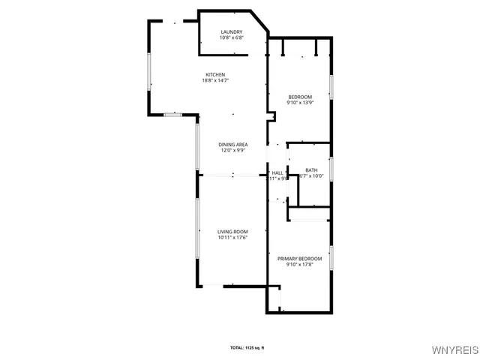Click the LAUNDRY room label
(x=231, y=31)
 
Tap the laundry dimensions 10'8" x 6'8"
(x=231, y=37)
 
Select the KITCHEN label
(x=216, y=74)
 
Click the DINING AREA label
(x=233, y=144)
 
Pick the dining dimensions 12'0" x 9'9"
(x=233, y=150)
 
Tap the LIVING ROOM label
(x=232, y=232)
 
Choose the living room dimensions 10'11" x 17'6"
(x=232, y=238)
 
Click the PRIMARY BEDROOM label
(x=299, y=259)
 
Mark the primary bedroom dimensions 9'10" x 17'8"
(x=299, y=265)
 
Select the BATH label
(x=311, y=170)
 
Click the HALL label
(x=277, y=172)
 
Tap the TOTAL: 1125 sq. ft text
(x=247, y=347)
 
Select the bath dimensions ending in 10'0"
(x=311, y=176)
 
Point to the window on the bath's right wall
(x=331, y=170)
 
